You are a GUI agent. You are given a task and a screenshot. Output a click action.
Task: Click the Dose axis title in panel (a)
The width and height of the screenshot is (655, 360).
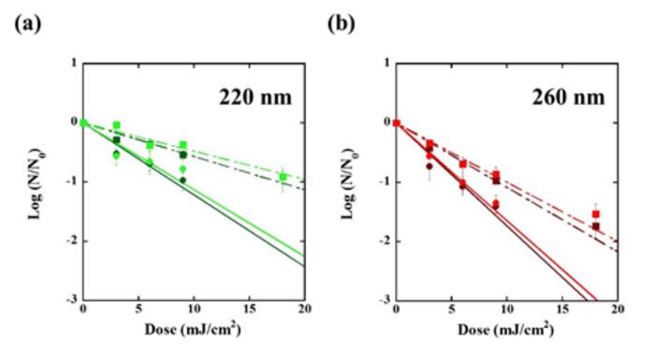[x=195, y=332]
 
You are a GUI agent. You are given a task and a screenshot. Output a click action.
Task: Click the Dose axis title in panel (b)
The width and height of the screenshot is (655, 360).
[x=506, y=332]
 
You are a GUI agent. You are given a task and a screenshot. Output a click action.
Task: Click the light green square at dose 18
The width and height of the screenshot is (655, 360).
[x=283, y=177]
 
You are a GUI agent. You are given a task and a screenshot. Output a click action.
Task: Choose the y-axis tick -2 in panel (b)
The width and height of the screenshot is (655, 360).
[x=385, y=241]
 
